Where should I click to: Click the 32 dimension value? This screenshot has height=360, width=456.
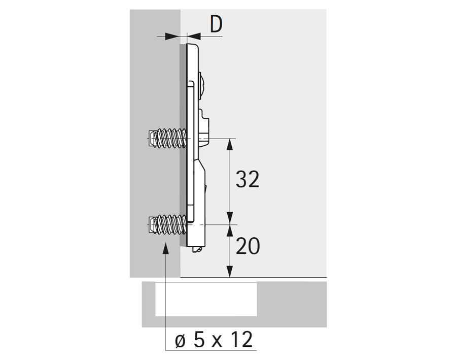(247, 179)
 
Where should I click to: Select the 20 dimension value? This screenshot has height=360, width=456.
(248, 246)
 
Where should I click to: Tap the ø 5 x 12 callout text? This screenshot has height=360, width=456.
(214, 339)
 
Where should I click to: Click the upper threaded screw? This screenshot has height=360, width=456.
(167, 138)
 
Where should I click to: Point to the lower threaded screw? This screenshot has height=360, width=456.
(167, 224)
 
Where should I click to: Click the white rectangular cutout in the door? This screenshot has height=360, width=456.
(206, 299)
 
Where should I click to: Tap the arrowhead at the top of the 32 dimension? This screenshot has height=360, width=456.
(230, 145)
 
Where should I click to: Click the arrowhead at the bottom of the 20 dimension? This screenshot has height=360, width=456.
(230, 271)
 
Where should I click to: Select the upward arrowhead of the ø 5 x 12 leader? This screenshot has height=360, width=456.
(165, 248)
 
